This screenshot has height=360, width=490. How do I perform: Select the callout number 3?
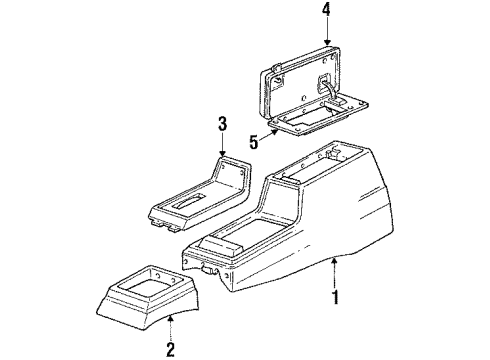221,124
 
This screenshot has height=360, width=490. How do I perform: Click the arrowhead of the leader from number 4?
326,46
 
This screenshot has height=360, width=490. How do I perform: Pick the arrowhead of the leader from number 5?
282,130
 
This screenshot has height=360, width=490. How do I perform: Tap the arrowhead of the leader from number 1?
331,259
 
